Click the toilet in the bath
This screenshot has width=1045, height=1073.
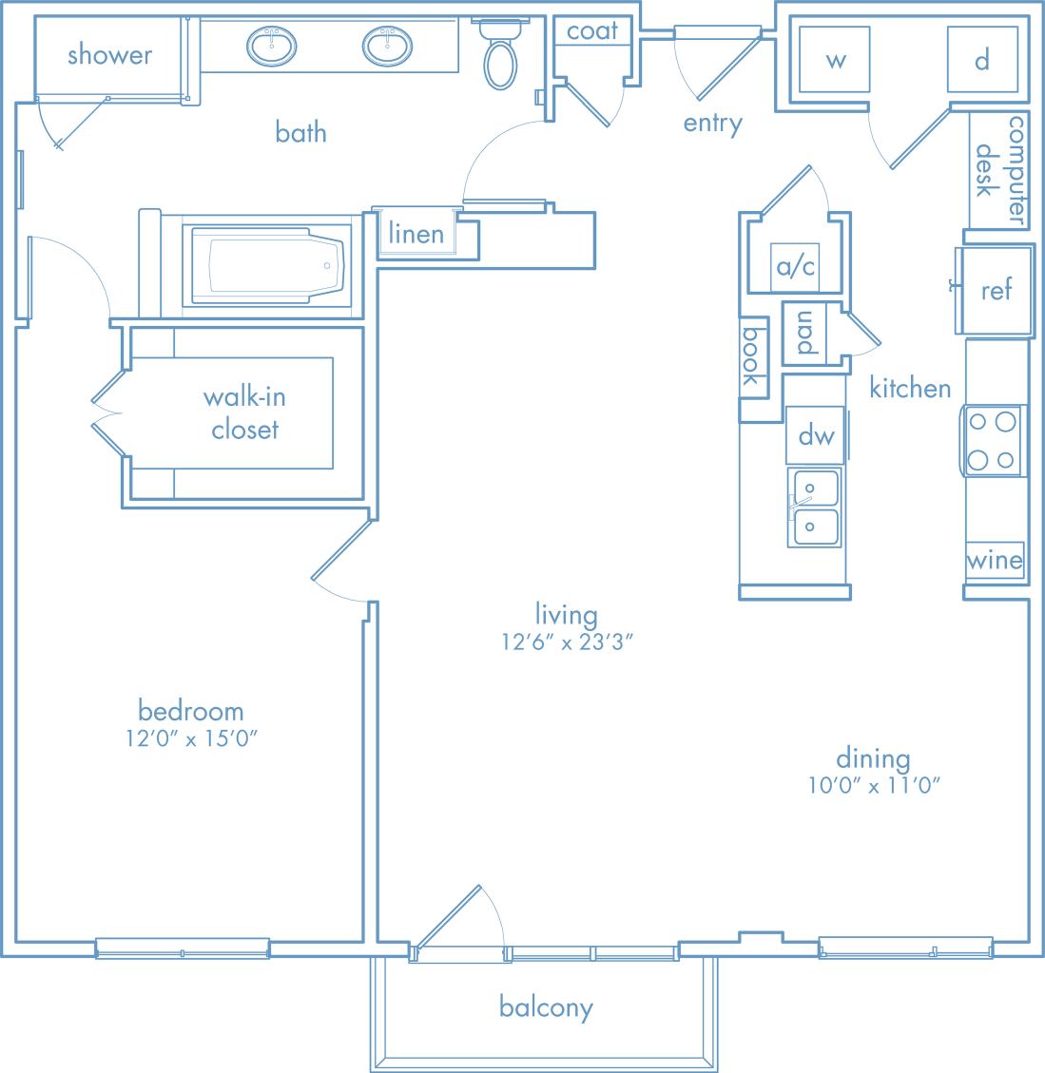(x=500, y=55)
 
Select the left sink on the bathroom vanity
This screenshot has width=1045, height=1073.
(x=274, y=44)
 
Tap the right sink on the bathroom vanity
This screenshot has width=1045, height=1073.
(x=388, y=44)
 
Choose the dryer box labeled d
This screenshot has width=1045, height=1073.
(x=982, y=61)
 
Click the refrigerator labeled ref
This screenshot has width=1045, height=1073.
(x=996, y=290)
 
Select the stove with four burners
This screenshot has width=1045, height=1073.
(x=992, y=441)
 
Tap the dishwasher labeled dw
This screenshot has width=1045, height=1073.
(x=816, y=435)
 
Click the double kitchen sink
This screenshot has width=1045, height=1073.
(x=813, y=508)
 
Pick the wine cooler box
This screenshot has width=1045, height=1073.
(x=995, y=561)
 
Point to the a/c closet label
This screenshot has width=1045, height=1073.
(x=796, y=267)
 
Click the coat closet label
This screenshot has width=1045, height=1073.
(x=591, y=31)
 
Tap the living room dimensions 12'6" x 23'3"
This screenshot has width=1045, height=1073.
(x=568, y=642)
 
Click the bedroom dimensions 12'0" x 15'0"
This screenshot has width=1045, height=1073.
(x=190, y=738)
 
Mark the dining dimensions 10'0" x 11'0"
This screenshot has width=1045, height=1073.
(x=873, y=785)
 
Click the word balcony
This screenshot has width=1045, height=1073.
(x=546, y=1007)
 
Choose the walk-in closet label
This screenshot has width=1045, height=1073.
(x=244, y=412)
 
